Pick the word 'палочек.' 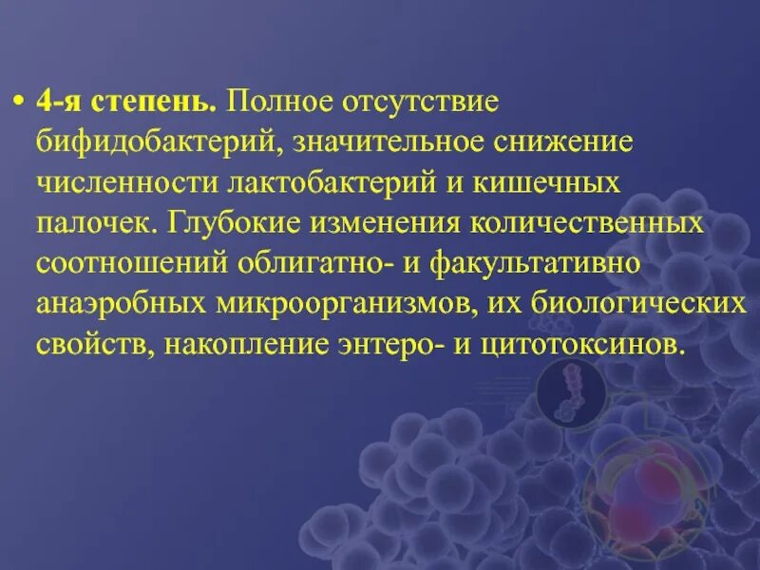pos(96,223)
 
